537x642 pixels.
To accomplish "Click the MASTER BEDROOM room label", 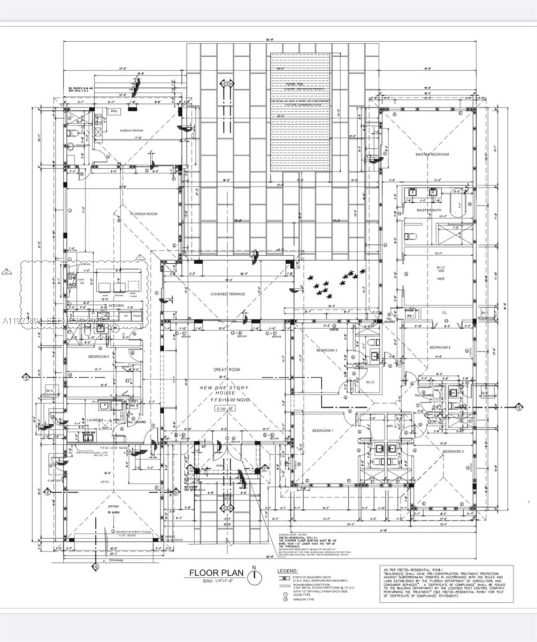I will coord(432,155).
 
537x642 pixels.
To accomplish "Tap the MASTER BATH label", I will coord(428,211).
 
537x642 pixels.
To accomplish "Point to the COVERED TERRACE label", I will coord(228,294).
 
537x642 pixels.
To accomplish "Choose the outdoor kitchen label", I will coord(132,130).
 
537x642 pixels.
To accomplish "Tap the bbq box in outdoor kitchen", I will coord(114,111).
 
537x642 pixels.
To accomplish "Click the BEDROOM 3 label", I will coord(326,350).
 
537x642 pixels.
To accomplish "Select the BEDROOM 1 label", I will coord(323,431).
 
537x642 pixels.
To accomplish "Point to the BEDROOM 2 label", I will coord(452,452).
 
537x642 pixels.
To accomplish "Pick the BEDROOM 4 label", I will coord(440,348).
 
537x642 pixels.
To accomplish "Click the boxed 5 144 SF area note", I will coord(228,409).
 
